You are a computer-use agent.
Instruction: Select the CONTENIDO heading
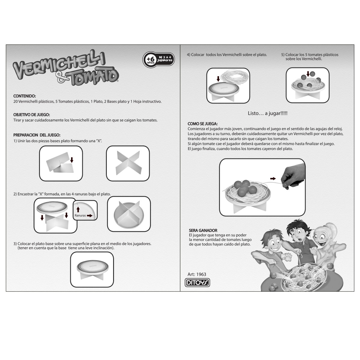[x=25, y=96]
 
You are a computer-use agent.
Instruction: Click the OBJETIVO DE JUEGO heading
[x=31, y=115]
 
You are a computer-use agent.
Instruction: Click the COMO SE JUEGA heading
[x=202, y=124]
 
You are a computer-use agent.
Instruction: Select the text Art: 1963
[x=197, y=274]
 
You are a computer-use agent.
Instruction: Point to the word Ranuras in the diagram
[x=80, y=215]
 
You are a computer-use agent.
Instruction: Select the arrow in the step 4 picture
[x=218, y=79]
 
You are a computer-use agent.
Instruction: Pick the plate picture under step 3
[x=92, y=269]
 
